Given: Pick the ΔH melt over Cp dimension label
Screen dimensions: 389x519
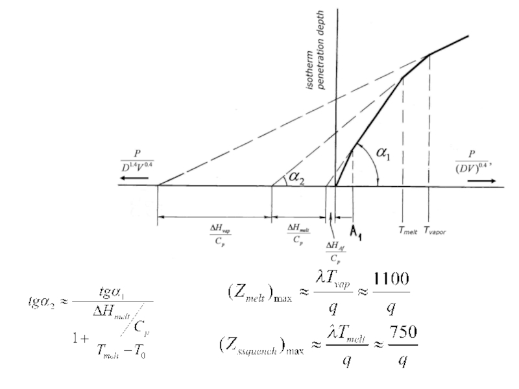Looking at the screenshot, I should tap(298, 233).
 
